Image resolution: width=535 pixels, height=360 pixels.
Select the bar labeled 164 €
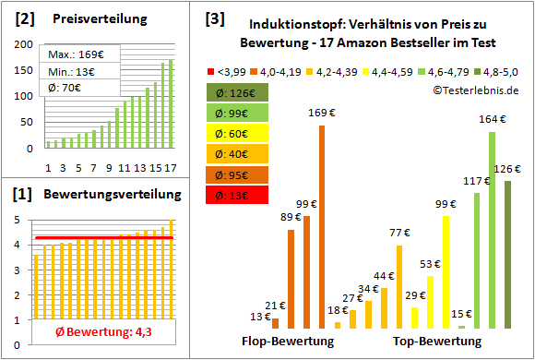(x=492, y=230)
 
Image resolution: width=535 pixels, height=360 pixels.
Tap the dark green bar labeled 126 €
(x=507, y=254)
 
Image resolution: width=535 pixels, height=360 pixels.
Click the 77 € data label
(x=398, y=234)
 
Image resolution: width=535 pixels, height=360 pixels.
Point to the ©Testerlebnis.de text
(x=475, y=89)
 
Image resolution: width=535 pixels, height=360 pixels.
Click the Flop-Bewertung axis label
(x=288, y=342)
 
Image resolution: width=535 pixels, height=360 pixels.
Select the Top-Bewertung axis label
(x=436, y=342)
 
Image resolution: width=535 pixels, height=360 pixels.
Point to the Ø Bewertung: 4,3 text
(x=96, y=333)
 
